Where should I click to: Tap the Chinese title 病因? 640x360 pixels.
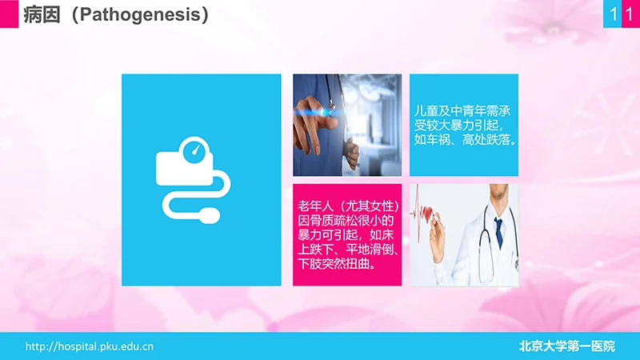(42, 15)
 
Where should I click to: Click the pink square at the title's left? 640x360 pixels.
(9, 14)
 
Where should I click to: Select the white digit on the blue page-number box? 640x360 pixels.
(612, 14)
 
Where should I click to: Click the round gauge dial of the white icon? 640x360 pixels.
(194, 151)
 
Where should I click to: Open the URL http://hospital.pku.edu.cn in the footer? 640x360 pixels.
(90, 346)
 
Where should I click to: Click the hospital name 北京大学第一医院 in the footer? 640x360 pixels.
(567, 346)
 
